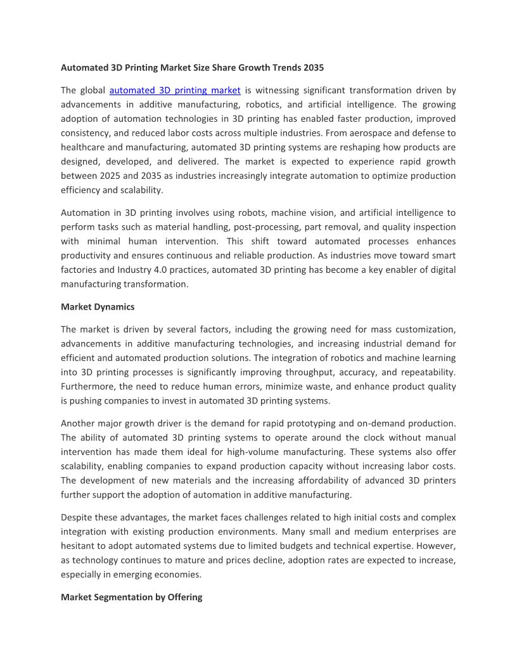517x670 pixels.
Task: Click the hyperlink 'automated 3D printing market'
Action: [175, 91]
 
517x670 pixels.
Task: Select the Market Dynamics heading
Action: [98, 307]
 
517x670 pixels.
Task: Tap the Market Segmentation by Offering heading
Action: [131, 597]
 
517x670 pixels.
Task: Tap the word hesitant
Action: [78, 546]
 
